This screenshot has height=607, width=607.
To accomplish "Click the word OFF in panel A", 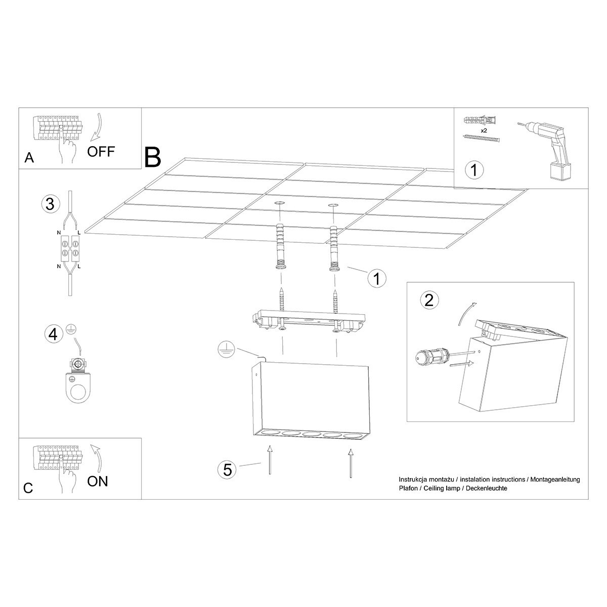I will click(x=101, y=151).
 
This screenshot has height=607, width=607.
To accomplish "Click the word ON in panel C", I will click(x=97, y=481).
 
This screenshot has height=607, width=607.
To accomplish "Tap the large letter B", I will click(x=152, y=157).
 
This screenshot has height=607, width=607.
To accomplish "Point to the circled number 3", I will click(x=50, y=204).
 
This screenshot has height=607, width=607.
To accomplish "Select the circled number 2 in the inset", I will click(x=429, y=300).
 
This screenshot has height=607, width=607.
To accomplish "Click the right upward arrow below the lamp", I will click(x=350, y=463).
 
